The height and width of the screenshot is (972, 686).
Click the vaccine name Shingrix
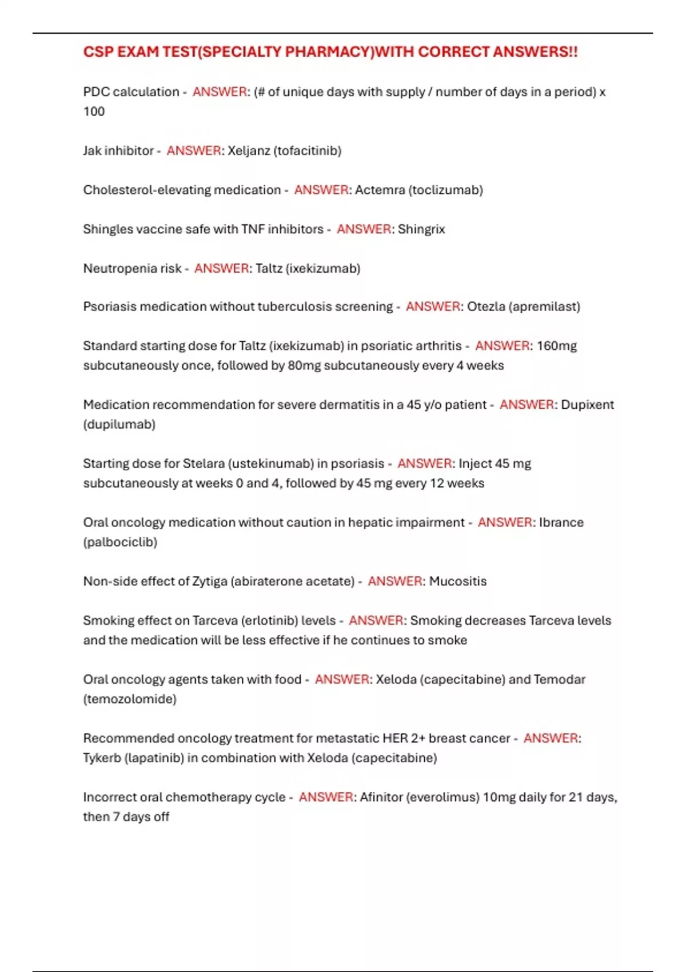[421, 229]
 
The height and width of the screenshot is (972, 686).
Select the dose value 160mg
[556, 346]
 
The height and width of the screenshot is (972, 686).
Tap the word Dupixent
[587, 405]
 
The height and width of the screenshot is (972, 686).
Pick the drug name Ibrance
[561, 523]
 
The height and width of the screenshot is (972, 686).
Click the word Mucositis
[457, 581]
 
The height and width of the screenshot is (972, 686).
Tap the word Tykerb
[102, 758]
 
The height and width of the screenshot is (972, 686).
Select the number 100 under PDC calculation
[94, 111]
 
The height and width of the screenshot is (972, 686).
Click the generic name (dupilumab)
[119, 424]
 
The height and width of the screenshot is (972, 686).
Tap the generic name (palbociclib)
[120, 542]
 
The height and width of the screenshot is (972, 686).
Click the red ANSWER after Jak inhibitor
[193, 151]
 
